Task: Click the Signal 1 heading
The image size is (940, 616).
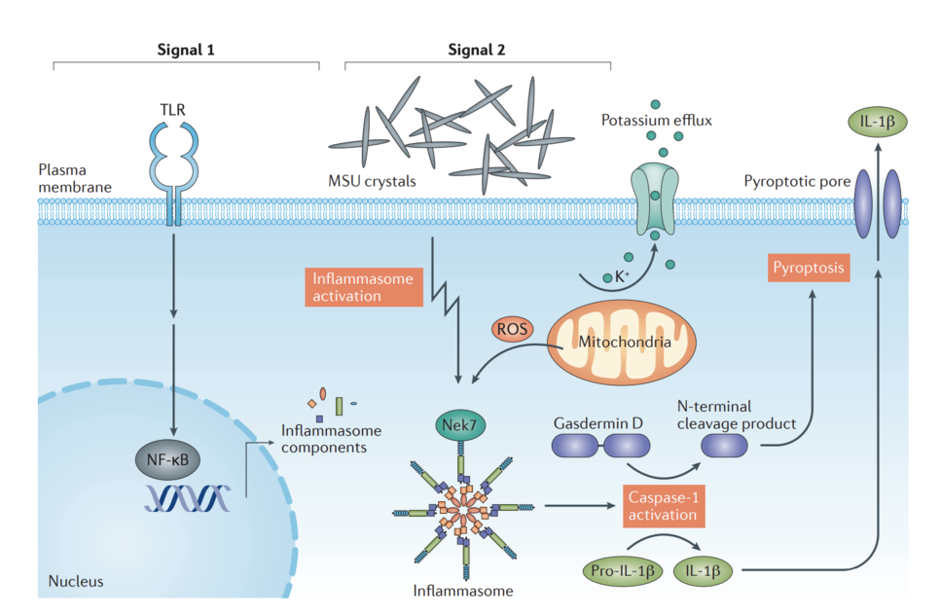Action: [x=186, y=49]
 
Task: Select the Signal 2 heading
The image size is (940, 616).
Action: [x=477, y=49]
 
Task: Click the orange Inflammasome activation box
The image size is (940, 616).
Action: [x=362, y=287]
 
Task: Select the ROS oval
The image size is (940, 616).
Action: [x=513, y=329]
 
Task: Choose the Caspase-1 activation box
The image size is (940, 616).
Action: [x=663, y=505]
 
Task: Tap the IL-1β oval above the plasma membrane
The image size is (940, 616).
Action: [x=878, y=123]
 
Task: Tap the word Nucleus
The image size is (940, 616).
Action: [x=76, y=582]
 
